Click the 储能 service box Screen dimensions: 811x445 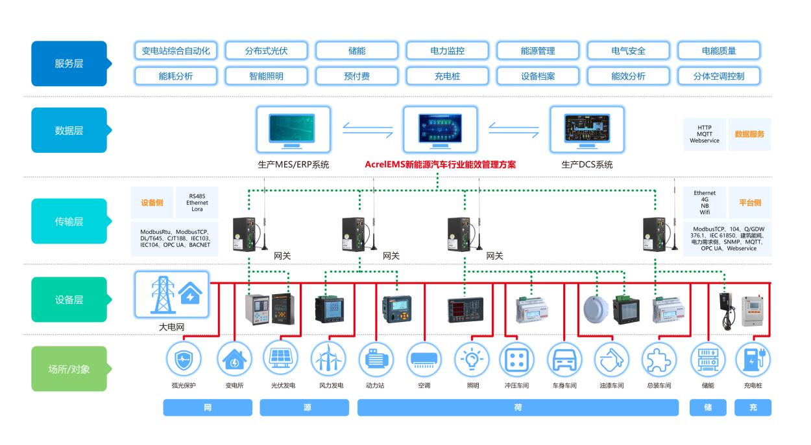click(357, 51)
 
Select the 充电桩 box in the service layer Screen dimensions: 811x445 click(447, 76)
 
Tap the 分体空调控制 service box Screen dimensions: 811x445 click(719, 76)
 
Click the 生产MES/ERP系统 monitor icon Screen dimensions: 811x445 click(293, 130)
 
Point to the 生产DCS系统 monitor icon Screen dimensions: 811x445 click(587, 130)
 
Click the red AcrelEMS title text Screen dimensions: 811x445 click(440, 165)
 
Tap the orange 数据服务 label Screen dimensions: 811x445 click(749, 134)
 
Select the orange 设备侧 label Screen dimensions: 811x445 click(152, 203)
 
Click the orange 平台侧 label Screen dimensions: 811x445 click(750, 203)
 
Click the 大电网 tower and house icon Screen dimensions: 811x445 click(172, 295)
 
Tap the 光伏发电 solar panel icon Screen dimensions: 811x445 click(280, 358)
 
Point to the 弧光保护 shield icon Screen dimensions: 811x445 click(184, 359)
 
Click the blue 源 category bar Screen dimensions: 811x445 click(304, 407)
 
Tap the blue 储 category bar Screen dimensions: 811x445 click(708, 407)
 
